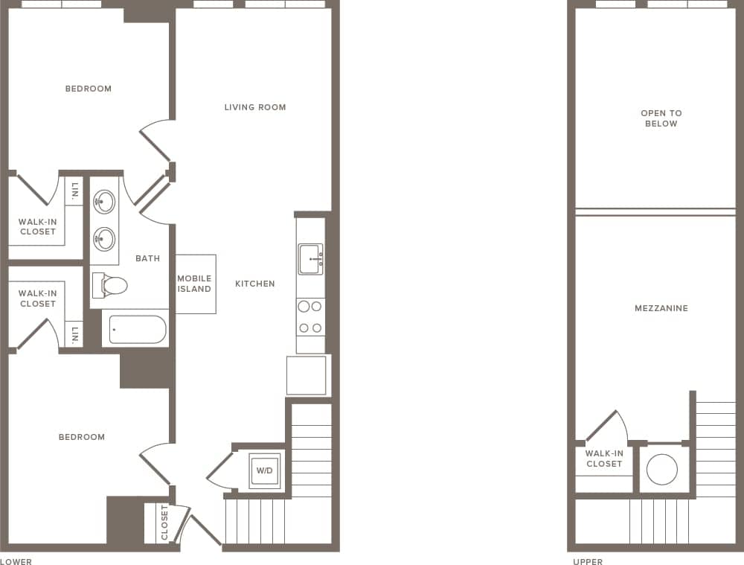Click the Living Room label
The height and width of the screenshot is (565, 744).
pyautogui.click(x=255, y=107)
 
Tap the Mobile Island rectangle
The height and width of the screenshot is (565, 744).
pyautogui.click(x=195, y=284)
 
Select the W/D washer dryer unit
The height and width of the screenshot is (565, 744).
pyautogui.click(x=265, y=470)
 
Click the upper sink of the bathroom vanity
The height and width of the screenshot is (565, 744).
pyautogui.click(x=104, y=201)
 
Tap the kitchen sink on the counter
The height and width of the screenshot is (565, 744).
pyautogui.click(x=310, y=259)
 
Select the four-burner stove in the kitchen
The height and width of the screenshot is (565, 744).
pyautogui.click(x=310, y=316)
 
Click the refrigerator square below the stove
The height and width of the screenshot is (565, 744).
pyautogui.click(x=307, y=375)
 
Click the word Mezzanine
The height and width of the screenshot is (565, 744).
pyautogui.click(x=661, y=308)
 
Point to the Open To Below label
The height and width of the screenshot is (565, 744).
pyautogui.click(x=661, y=118)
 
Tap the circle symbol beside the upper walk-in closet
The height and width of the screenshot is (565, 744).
pyautogui.click(x=661, y=469)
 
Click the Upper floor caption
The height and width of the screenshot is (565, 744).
pyautogui.click(x=588, y=561)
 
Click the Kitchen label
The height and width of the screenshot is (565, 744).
pyautogui.click(x=255, y=284)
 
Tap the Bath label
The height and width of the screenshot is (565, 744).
pyautogui.click(x=147, y=258)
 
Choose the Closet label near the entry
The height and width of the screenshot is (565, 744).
pyautogui.click(x=164, y=523)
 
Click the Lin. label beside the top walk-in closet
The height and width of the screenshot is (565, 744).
pyautogui.click(x=74, y=193)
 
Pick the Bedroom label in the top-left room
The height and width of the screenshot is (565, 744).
pyautogui.click(x=89, y=89)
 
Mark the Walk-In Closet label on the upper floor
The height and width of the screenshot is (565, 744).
pyautogui.click(x=604, y=459)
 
